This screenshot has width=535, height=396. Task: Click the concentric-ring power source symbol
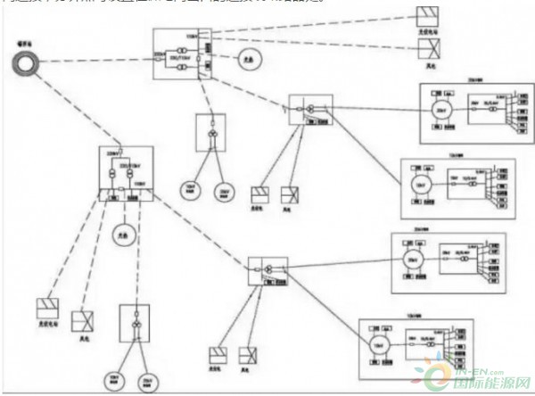[28, 63]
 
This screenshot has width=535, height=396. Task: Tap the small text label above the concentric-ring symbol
[26, 42]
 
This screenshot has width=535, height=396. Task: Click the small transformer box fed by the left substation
[135, 329]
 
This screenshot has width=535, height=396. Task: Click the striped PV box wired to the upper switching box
[259, 195]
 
